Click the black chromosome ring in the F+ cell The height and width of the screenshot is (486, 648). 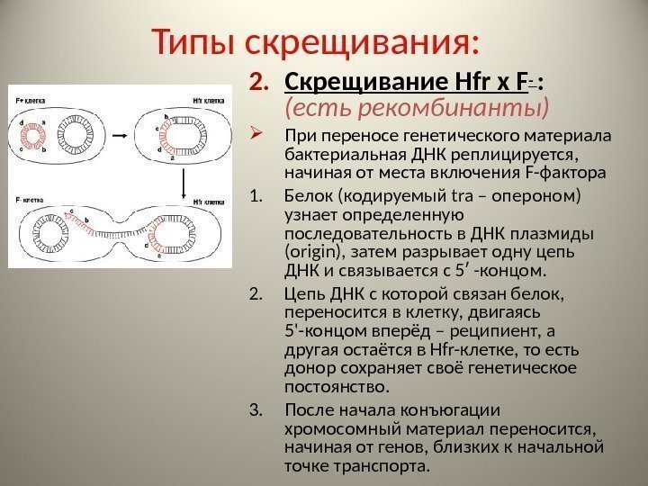click(x=71, y=137)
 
